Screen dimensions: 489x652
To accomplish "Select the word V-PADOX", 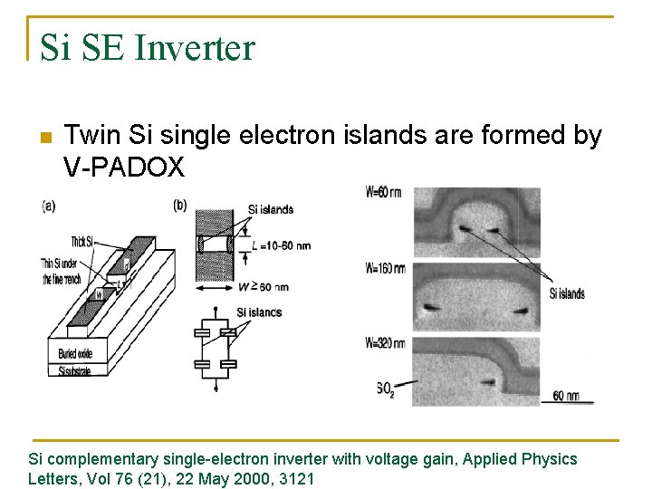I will tap(124, 167).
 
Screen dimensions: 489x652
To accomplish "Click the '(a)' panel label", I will tap(49, 206).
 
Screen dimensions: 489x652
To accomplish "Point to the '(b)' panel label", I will tap(180, 206).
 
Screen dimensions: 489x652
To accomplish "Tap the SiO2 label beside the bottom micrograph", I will tap(387, 388).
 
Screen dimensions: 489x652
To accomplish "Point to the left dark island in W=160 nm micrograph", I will tap(433, 306).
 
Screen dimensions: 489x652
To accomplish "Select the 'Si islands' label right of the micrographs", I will tap(567, 293).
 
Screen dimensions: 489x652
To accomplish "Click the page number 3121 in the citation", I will tap(296, 479).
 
